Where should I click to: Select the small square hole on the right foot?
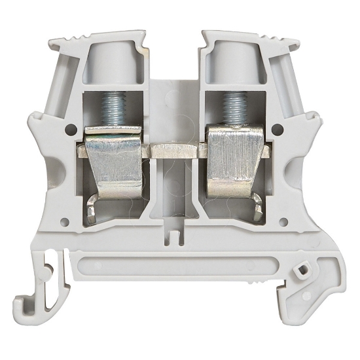tap(302, 269)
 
